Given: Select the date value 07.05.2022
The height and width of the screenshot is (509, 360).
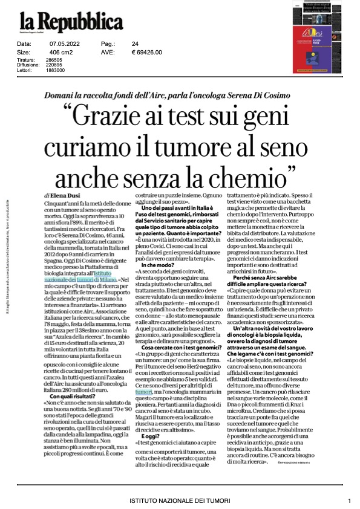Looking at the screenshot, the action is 61,44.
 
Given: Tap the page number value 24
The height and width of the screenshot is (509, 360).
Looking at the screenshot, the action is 135,44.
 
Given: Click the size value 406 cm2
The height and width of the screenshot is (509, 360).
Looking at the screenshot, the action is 62,52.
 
